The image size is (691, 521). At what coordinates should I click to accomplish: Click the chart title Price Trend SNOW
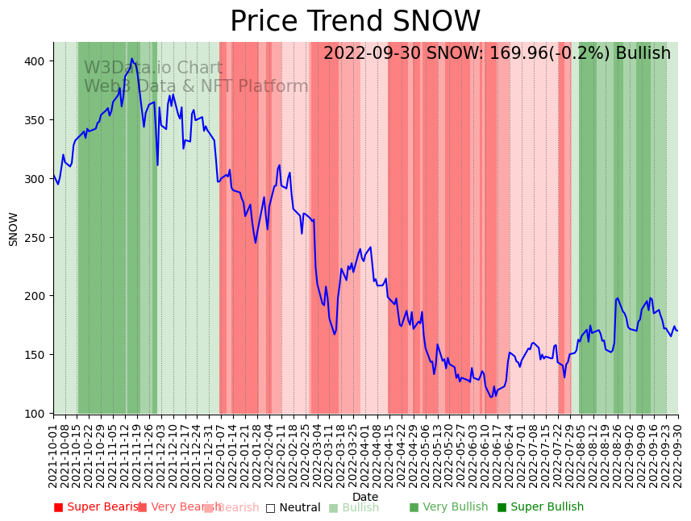355,22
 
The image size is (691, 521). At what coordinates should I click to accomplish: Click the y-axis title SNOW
13,229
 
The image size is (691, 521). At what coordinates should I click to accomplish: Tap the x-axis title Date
365,497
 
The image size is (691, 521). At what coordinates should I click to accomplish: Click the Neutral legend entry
293,507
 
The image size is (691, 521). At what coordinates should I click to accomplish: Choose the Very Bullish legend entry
449,507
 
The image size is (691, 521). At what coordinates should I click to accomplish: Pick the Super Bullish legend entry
540,507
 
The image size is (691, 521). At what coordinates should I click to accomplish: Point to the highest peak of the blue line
131,59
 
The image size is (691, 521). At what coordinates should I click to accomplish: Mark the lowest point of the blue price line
491,397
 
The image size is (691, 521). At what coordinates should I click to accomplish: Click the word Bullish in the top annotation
643,54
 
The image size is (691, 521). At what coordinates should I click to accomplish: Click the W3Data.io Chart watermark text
153,69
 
